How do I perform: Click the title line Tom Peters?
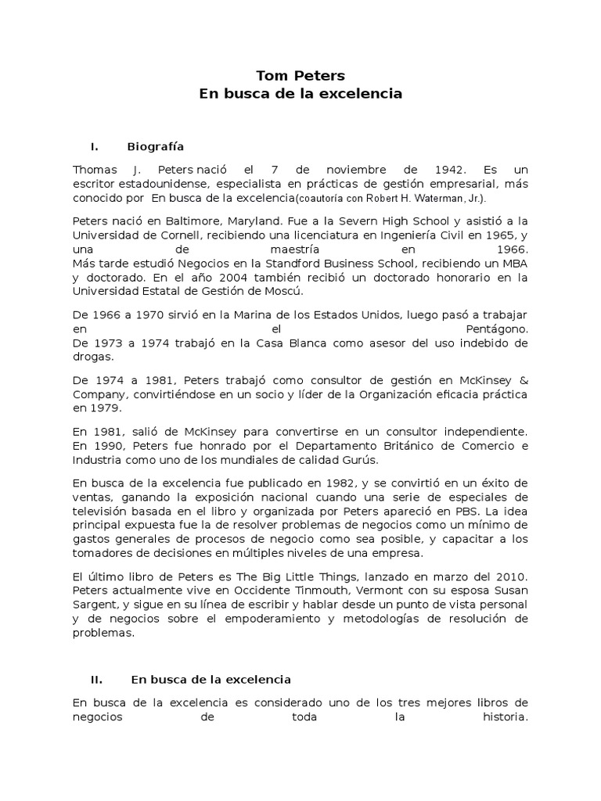(x=300, y=76)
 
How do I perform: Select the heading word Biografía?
(x=155, y=146)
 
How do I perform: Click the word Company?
(x=96, y=394)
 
